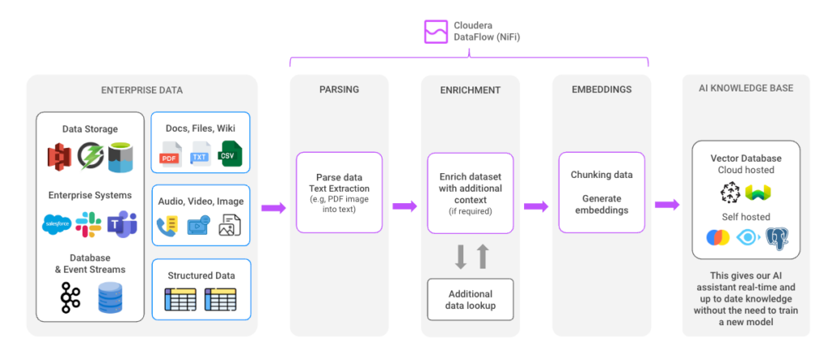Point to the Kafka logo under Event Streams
pos(70,298)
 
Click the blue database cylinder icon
pos(111,298)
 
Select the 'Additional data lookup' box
pos(470,299)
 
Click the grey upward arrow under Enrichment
pos(483,256)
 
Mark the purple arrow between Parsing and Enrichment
pos(404,206)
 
